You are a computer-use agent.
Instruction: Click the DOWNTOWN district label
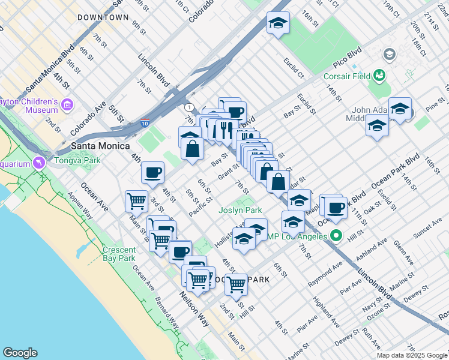103,18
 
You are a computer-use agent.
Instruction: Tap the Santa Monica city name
101,146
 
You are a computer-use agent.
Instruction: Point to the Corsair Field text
346,76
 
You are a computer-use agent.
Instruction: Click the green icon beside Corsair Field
379,76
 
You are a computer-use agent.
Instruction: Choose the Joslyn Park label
240,210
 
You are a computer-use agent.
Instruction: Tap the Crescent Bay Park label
119,254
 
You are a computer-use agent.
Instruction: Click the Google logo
20,353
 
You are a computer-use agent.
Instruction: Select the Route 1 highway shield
190,107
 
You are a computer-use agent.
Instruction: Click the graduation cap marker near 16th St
277,23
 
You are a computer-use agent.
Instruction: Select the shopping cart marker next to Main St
136,201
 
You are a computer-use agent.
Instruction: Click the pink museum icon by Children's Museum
67,106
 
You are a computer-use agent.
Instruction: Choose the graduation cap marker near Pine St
400,109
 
